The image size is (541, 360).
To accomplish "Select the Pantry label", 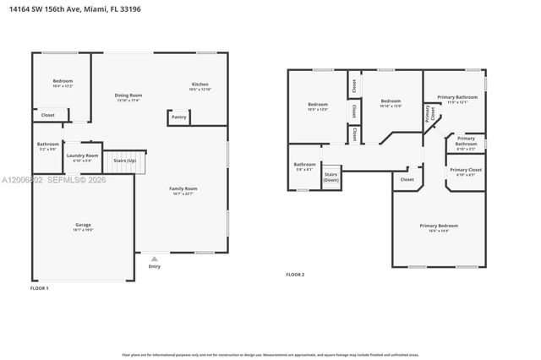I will (178, 117).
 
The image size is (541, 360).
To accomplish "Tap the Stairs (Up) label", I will (125, 159).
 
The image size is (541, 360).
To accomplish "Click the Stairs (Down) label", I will (331, 177).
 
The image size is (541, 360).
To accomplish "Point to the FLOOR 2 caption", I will (295, 275).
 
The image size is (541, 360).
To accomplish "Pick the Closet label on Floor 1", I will (48, 115).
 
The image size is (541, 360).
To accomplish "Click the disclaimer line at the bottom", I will (270, 355).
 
